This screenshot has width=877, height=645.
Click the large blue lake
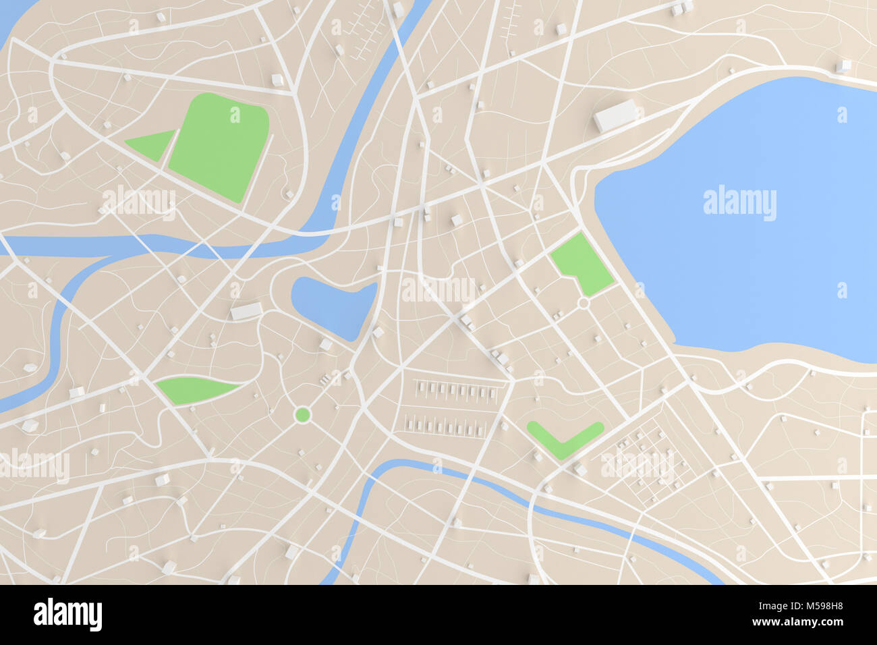pyautogui.click(x=742, y=256)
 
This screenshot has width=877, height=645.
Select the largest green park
pyautogui.click(x=219, y=145)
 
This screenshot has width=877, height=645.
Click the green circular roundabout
pyautogui.click(x=302, y=414)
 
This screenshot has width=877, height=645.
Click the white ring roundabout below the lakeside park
pyautogui.click(x=584, y=304)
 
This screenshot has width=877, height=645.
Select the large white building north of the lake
pyautogui.click(x=616, y=115)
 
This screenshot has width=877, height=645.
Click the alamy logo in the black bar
pyautogui.click(x=67, y=615)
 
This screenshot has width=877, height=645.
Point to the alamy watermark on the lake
pyautogui.click(x=739, y=202)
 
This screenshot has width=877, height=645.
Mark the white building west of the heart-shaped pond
pyautogui.click(x=246, y=311)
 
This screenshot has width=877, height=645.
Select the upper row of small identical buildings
pyautogui.click(x=456, y=391)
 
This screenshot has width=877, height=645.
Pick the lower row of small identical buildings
pyautogui.click(x=445, y=426)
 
